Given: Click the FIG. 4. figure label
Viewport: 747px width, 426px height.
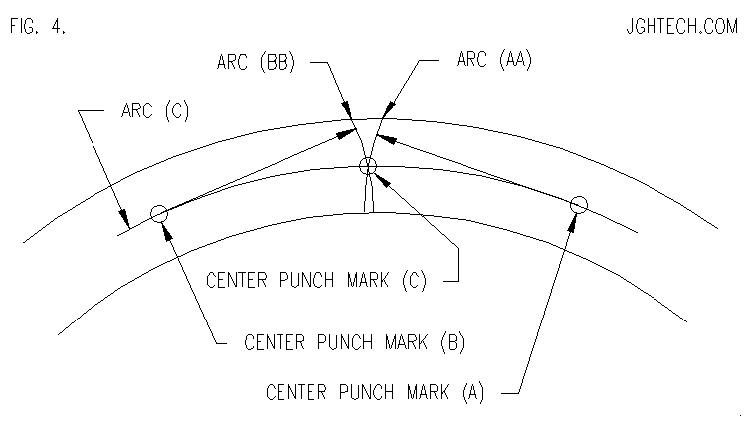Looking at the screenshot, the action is point(38,26).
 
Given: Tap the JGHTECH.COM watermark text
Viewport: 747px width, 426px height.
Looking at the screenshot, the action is point(682,26).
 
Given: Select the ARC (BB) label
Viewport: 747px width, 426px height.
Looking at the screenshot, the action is point(257,62).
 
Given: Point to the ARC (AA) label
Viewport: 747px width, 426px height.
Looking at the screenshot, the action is point(494,59).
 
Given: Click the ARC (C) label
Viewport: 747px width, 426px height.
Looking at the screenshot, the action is point(155,110).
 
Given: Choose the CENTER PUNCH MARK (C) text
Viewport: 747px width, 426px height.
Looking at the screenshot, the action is point(316,280).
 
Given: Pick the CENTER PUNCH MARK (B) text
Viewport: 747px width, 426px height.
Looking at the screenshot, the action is point(354,342).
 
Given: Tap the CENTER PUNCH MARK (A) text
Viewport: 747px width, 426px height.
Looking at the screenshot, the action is point(375,392).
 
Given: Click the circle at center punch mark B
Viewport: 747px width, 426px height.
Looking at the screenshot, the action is point(159,214).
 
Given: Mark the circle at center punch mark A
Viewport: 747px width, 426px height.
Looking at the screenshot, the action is point(579,205).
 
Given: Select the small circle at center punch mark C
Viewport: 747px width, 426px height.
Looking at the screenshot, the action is point(368,167).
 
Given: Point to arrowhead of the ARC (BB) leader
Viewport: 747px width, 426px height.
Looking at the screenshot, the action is point(346,109).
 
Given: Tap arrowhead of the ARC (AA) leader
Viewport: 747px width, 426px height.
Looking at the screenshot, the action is point(388,109).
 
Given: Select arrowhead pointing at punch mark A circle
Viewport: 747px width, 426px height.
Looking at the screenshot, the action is point(573,223).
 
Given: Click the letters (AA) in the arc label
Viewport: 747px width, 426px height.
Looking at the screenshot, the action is point(515,59).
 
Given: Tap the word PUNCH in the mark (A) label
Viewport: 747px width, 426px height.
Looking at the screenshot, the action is point(367,392).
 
